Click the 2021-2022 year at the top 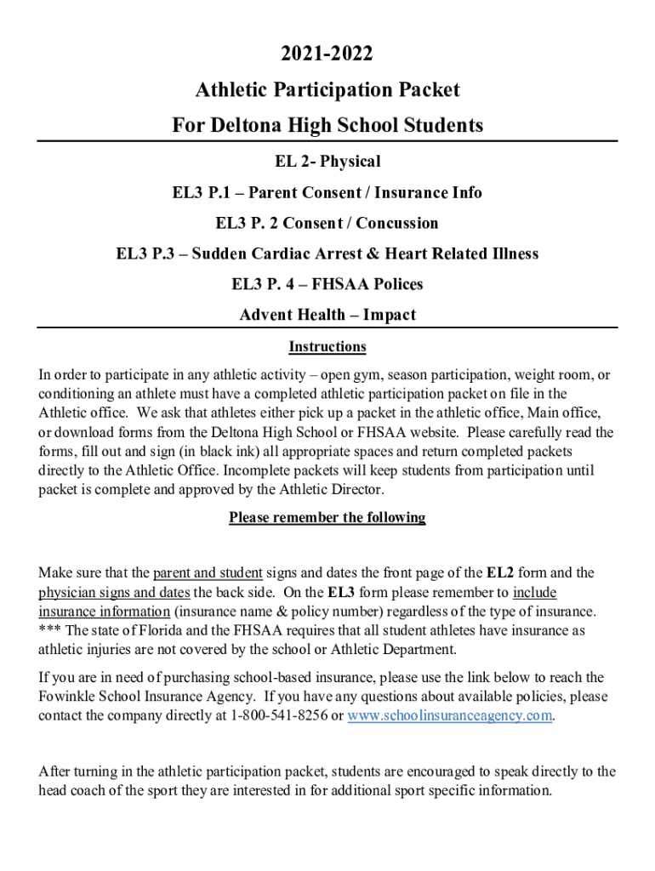pos(327,55)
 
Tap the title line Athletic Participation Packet pos(327,90)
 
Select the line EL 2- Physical pos(327,162)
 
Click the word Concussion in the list pos(397,224)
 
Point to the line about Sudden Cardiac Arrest pos(327,254)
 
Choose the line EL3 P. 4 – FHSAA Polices pos(327,284)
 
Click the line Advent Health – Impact pos(327,316)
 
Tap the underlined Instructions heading pos(327,347)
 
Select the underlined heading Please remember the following pos(327,518)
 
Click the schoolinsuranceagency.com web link pos(450,716)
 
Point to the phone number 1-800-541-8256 pos(279,716)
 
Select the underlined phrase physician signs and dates pos(114,593)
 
